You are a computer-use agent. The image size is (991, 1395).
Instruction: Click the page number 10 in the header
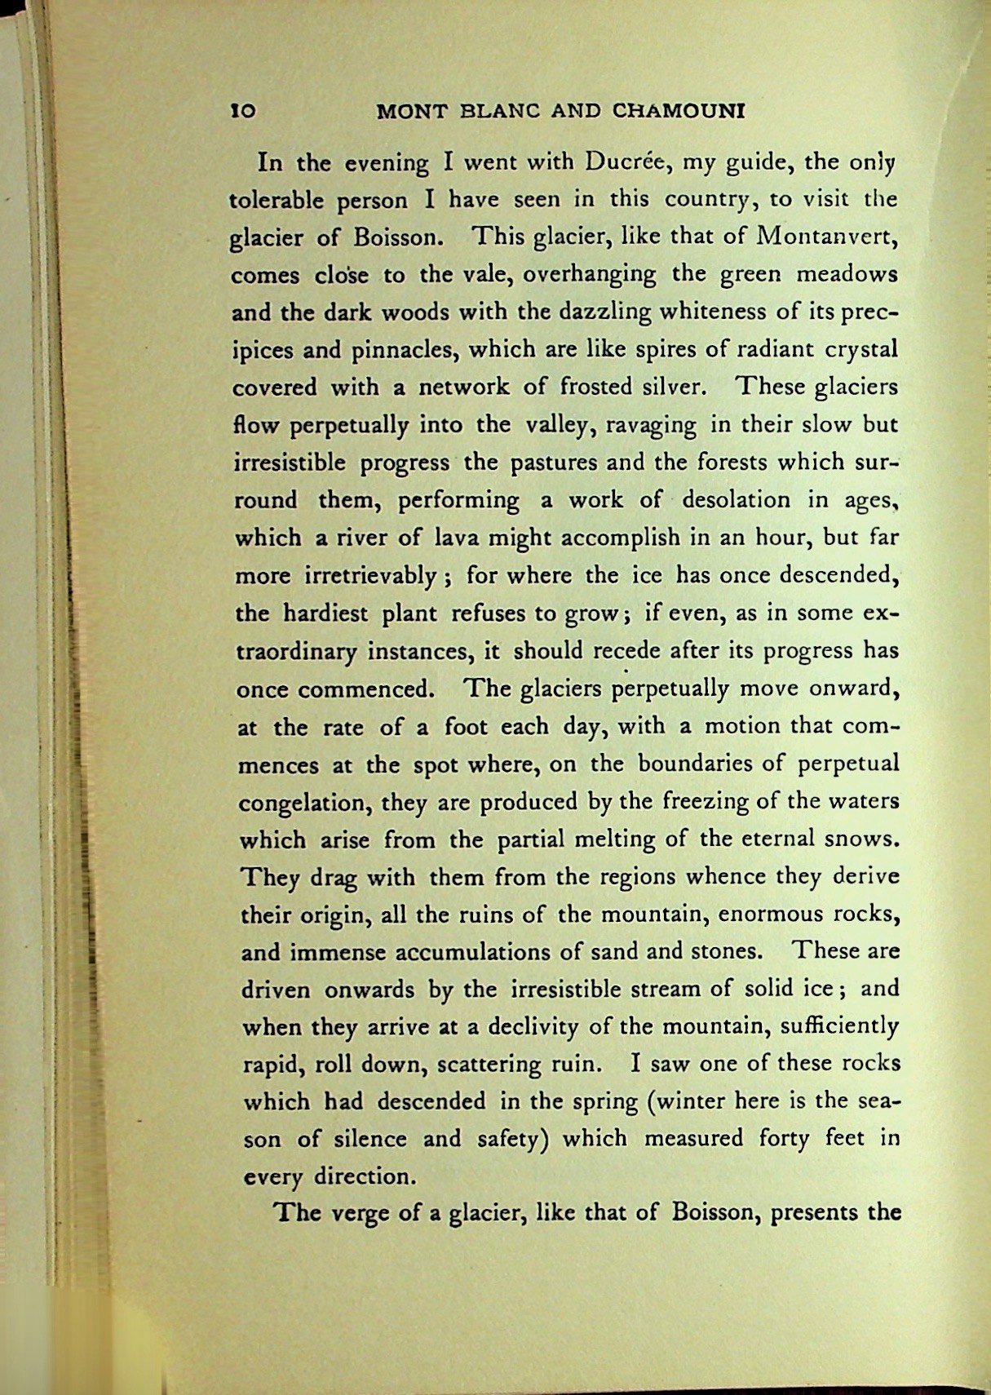(243, 111)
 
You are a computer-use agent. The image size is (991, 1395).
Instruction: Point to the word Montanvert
(827, 237)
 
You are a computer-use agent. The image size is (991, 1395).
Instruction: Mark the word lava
(456, 538)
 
